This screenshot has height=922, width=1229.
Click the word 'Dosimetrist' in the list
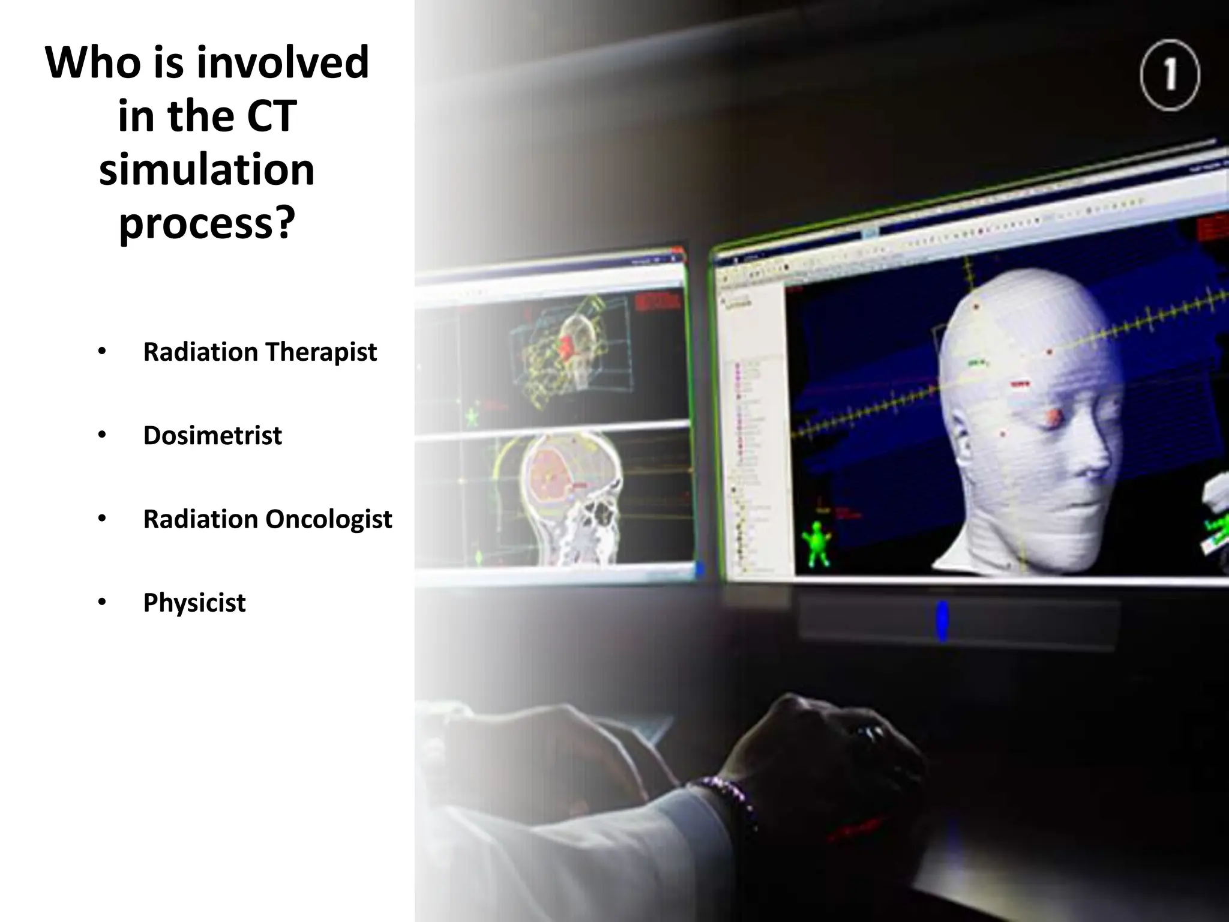[x=212, y=435]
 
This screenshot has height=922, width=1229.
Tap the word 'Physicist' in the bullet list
[x=194, y=603]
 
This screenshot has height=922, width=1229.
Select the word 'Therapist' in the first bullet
[x=321, y=352]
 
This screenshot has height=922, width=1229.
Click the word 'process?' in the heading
[x=207, y=223]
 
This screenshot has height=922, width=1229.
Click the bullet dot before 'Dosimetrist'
[x=102, y=435]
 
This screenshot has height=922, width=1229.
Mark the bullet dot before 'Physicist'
[x=102, y=602]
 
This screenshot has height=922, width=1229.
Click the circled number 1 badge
[x=1169, y=76]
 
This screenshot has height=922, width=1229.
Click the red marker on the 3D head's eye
[x=1054, y=414]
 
